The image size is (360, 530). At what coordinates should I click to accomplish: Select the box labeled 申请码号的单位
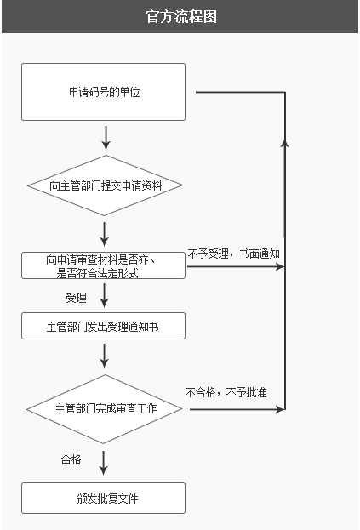pos(103,92)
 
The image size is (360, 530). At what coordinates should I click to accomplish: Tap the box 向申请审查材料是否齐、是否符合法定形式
pos(103,265)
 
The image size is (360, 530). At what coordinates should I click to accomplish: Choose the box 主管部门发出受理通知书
pos(103,326)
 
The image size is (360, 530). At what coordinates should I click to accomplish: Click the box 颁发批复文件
pos(103,498)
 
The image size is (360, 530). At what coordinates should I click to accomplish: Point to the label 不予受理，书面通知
pos(233,253)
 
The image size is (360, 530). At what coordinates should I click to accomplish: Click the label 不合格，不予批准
pos(226,392)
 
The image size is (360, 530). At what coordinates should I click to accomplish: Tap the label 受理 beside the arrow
pos(76,298)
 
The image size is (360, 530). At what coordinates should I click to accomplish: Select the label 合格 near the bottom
pos(71,459)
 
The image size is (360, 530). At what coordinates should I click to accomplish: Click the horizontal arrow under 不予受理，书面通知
pos(235,267)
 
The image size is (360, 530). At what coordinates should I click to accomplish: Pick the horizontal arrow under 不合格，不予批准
pos(237,409)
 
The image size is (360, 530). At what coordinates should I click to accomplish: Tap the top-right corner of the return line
pos(284,92)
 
